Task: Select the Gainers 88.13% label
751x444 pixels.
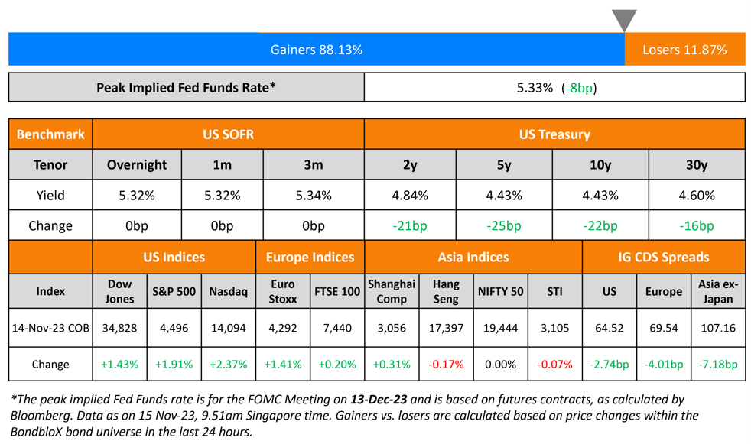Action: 316,50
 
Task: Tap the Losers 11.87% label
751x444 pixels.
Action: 684,50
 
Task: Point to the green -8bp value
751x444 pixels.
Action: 579,88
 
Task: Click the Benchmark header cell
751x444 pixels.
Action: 50,134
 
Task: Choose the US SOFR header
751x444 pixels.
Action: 228,134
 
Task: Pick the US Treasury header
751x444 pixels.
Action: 554,134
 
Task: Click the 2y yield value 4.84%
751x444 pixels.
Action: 410,196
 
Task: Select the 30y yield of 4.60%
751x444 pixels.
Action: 696,196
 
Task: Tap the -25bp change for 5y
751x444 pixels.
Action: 504,226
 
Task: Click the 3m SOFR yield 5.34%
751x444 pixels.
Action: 313,196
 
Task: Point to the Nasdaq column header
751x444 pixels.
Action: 228,291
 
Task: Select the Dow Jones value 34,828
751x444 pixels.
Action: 119,328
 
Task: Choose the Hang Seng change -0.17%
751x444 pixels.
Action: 445,365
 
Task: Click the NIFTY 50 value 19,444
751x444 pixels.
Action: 500,328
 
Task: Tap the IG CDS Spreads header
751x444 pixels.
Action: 663,258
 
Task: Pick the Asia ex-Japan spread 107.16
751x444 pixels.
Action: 717,328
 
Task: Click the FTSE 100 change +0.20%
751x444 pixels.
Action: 336,365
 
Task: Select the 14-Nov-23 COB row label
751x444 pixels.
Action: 50,328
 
